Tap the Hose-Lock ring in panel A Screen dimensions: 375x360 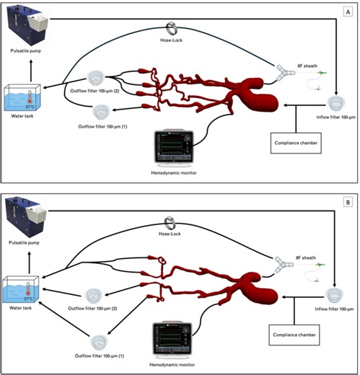172,27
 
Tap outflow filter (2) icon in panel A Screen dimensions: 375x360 97,77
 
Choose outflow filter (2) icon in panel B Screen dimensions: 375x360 94,294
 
